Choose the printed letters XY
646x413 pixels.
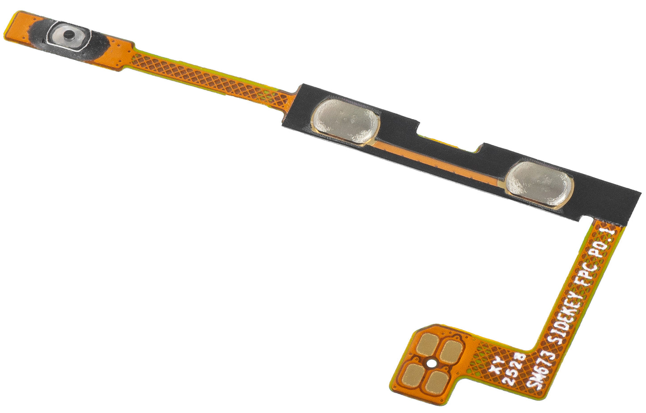(x=499, y=363)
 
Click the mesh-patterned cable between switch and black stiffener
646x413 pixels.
(x=210, y=78)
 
